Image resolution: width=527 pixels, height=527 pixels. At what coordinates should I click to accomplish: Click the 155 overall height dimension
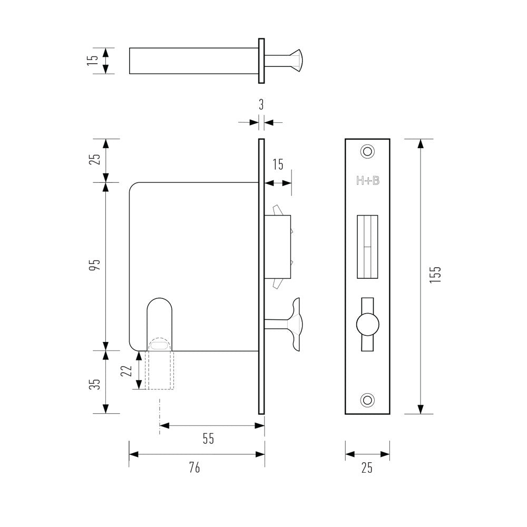pos(435,275)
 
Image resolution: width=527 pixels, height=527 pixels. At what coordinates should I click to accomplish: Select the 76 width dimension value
pos(194,467)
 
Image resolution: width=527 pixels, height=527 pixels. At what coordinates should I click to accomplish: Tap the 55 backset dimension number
pos(209,438)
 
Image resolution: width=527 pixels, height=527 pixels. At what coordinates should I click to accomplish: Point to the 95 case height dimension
pos(95,266)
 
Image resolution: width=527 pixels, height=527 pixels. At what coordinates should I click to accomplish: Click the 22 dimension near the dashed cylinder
pos(126,370)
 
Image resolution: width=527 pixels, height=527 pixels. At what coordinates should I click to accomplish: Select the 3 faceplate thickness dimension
pos(261,104)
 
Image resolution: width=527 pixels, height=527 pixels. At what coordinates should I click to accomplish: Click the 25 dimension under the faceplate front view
pos(367,467)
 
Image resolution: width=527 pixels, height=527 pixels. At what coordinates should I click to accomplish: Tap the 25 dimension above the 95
pos(95,159)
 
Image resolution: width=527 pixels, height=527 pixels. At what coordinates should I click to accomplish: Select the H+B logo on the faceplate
pos(367,181)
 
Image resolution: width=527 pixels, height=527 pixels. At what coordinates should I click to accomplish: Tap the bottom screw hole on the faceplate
pos(367,399)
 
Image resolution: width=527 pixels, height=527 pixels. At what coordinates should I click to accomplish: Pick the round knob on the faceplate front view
pos(367,323)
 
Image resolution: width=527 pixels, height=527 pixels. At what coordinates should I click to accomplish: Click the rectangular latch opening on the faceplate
pos(367,247)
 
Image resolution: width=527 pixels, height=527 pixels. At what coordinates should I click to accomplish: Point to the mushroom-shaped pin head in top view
pos(296,60)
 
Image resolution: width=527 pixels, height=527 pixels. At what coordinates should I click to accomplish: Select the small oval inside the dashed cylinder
pos(159,345)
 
